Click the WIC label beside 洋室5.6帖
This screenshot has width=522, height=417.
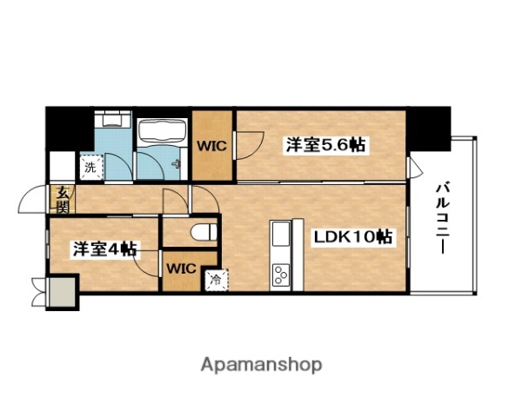point(212,145)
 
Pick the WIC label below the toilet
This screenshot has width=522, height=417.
point(180,267)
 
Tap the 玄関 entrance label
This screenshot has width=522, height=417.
point(63,201)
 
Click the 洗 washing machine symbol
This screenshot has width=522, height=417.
point(90,164)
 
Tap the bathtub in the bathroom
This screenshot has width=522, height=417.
point(161,131)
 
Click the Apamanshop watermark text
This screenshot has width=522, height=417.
point(260,365)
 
